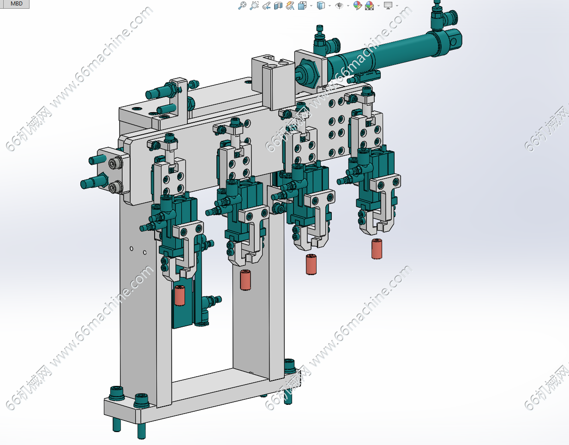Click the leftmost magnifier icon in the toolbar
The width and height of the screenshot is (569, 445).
point(242,6)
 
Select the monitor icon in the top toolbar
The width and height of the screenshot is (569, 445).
point(388,5)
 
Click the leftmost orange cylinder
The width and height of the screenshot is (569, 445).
point(180,295)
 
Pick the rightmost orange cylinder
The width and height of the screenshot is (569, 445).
point(377,249)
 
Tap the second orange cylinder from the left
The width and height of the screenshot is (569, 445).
point(246,280)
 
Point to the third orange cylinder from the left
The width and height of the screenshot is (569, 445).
point(311,264)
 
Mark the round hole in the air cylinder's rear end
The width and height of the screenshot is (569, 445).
point(453,42)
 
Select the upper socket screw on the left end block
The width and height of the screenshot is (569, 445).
point(115,164)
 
